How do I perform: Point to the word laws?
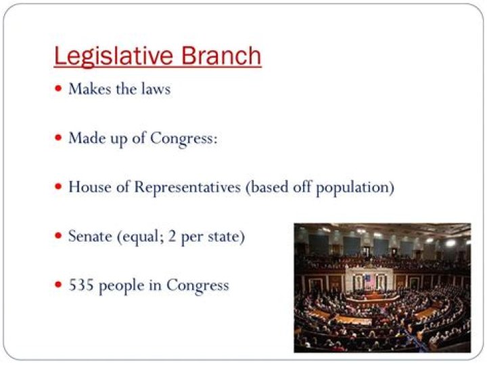(155, 89)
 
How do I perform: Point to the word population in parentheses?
(358, 187)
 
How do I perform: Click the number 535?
(81, 285)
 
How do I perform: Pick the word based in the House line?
(269, 187)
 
